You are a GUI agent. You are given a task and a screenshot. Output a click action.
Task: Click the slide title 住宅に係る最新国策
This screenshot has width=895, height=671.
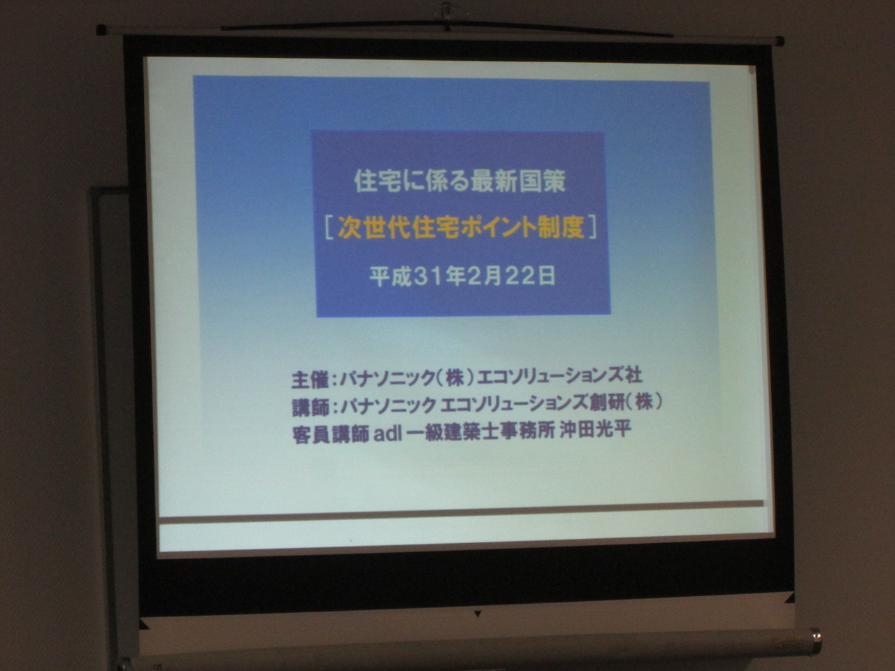(459, 181)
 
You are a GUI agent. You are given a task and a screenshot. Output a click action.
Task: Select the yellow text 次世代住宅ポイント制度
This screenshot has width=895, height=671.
(462, 228)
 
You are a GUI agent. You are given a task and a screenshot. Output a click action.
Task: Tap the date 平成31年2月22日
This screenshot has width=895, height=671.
(462, 277)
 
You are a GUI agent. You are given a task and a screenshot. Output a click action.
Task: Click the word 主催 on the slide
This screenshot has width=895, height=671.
(310, 380)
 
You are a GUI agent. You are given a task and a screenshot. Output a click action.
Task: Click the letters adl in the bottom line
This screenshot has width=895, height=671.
(388, 434)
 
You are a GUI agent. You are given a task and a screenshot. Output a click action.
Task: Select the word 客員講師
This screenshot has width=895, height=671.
(331, 435)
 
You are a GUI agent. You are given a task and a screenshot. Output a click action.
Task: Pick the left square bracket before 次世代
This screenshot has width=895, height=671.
(329, 228)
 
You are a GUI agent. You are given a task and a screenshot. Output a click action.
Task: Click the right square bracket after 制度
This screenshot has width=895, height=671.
(593, 227)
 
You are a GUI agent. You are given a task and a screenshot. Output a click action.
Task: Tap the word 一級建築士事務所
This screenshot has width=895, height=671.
(481, 432)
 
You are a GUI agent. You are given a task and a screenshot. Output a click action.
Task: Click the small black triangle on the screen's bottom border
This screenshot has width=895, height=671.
(478, 614)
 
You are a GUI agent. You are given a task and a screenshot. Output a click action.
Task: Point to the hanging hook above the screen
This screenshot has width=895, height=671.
(447, 11)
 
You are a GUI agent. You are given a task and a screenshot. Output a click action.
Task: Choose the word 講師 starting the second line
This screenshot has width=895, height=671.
(310, 407)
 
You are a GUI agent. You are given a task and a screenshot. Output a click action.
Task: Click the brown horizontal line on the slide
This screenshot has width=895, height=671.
(461, 511)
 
